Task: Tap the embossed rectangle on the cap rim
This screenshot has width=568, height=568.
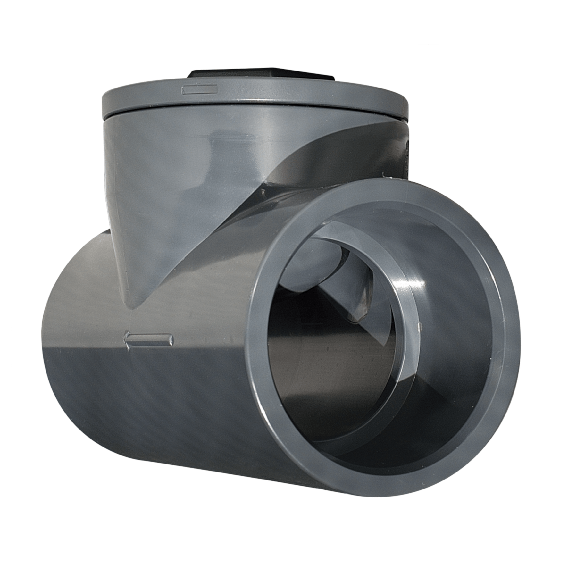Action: tap(199, 89)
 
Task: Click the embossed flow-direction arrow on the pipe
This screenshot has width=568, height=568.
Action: tap(148, 339)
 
